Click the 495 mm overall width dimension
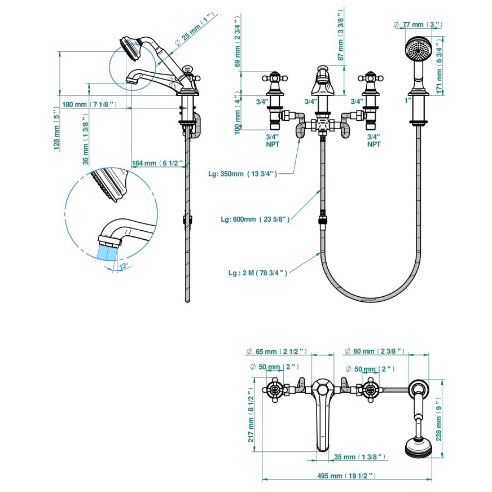click(x=346, y=476)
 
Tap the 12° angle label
click(x=123, y=265)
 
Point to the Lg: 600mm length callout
click(x=255, y=219)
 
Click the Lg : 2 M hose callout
click(x=258, y=273)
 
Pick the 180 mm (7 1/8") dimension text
click(x=89, y=104)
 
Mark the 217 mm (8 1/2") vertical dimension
click(x=252, y=416)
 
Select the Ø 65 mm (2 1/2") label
click(x=276, y=351)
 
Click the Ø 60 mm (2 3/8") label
click(x=375, y=351)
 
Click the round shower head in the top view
click(x=418, y=448)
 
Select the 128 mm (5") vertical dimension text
click(x=56, y=130)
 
